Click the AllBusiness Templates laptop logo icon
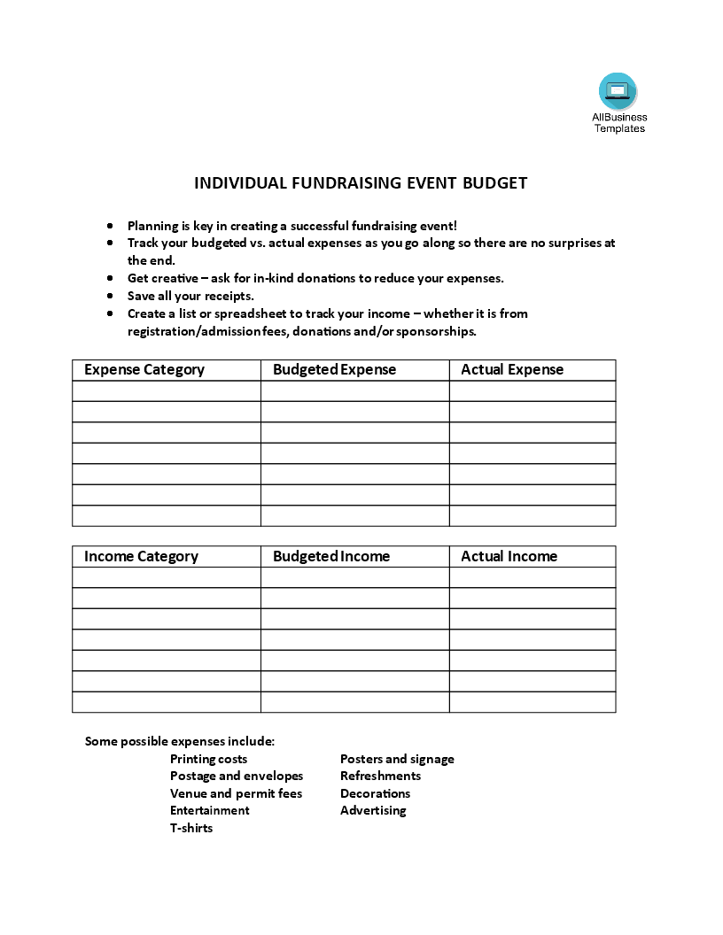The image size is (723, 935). [x=618, y=91]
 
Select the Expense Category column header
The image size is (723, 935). [x=144, y=370]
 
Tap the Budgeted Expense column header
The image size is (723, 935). [x=335, y=370]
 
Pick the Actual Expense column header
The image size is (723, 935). [x=512, y=370]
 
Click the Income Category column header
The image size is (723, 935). [x=141, y=557]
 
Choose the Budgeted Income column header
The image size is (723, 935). [x=331, y=557]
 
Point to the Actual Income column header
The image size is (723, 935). [x=509, y=557]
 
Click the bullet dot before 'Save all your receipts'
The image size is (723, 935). [x=109, y=296]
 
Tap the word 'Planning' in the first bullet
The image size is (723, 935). [x=152, y=226]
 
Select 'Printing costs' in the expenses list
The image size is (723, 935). [x=209, y=759]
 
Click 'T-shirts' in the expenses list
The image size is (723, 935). [x=191, y=829]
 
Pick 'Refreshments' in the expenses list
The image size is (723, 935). [x=381, y=777]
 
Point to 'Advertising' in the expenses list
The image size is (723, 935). [x=373, y=811]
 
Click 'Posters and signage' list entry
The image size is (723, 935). [x=397, y=759]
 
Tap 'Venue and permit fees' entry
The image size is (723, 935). [x=237, y=793]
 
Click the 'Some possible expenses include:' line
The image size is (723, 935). [x=180, y=741]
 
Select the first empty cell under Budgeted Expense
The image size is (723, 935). [x=354, y=391]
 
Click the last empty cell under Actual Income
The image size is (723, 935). [x=533, y=702]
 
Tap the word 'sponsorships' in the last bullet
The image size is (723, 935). [x=436, y=331]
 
